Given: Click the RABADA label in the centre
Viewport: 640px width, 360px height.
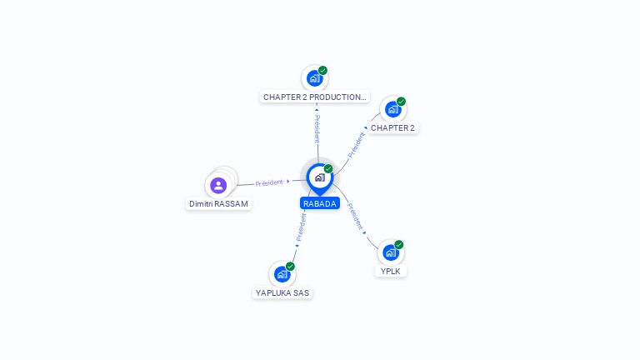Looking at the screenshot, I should (x=320, y=203).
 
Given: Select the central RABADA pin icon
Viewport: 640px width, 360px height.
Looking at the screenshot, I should (x=319, y=177).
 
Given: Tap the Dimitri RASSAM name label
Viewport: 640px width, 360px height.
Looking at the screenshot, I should (x=218, y=203).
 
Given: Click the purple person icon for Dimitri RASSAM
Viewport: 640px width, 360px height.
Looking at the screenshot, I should (x=218, y=185).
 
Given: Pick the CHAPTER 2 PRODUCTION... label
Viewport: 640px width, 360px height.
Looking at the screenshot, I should (x=315, y=97).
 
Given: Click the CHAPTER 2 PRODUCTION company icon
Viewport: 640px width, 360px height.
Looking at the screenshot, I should (x=314, y=78).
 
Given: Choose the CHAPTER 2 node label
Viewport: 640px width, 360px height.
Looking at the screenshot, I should (x=392, y=127).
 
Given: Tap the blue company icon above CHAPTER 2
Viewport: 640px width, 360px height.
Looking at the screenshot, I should (x=392, y=109).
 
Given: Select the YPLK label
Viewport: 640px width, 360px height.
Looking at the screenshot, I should (x=391, y=271).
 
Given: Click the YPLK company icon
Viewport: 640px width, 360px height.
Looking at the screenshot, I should (x=390, y=252).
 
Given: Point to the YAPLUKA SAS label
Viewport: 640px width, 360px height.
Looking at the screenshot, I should (x=283, y=292).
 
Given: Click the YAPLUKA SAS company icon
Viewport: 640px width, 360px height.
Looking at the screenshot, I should (x=282, y=274).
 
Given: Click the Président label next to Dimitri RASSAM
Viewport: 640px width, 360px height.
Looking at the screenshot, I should (x=270, y=182).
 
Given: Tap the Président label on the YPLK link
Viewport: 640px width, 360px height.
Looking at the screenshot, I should (x=355, y=216).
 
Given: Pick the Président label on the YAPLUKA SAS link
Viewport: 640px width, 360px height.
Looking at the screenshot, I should (x=301, y=227).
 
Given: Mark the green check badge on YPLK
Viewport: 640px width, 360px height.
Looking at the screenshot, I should (x=399, y=245).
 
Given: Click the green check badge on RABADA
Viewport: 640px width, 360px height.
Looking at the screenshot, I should (x=328, y=169).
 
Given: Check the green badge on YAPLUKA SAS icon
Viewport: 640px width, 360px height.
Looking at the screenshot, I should (x=290, y=266).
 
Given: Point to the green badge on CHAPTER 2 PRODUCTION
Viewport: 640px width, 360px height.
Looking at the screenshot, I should (x=322, y=71).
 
